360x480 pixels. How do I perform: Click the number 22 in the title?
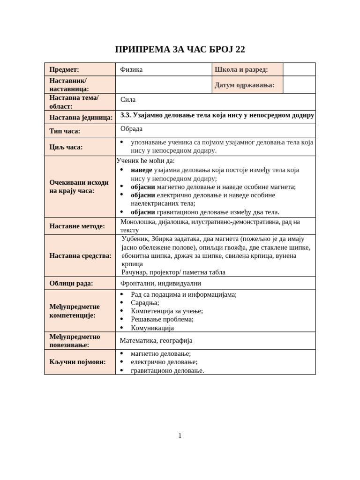tap(239, 50)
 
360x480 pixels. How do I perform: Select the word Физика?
tap(131, 70)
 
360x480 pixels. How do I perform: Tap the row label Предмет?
tap(64, 70)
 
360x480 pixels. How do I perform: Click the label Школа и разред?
tap(241, 70)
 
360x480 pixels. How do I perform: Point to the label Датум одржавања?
tap(244, 85)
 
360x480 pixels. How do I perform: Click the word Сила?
tap(128, 99)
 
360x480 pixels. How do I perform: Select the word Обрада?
tap(131, 129)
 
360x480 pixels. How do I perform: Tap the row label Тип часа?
tap(65, 131)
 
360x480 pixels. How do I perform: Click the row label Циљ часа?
tap(66, 147)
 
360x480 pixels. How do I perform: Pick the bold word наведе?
tap(141, 170)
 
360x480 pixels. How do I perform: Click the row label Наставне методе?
tap(77, 226)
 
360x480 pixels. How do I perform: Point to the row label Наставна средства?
tap(80, 256)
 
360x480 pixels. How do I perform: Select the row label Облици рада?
tap(71, 283)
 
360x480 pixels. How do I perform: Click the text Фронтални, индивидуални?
tap(160, 283)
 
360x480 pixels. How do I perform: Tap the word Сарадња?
tap(145, 303)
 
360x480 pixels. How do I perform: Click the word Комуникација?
tap(152, 328)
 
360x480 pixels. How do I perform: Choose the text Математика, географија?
tap(156, 341)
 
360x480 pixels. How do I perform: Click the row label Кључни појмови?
tap(77, 362)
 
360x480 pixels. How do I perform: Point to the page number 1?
tap(180, 436)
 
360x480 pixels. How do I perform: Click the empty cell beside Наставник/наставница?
tap(163, 85)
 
